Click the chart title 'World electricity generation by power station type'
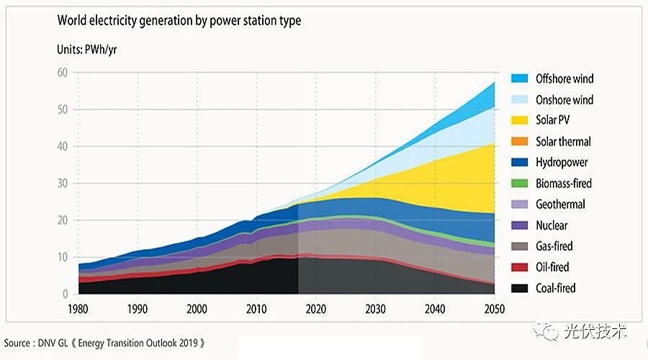point(179,21)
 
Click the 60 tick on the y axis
point(63,73)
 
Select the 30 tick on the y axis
point(63,184)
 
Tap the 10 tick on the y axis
point(63,257)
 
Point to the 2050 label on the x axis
point(494,309)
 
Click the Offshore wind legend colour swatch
point(520,78)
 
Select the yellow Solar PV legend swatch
point(520,120)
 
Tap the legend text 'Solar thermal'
point(563,141)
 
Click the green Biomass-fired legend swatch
point(520,184)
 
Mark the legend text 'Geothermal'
point(560,204)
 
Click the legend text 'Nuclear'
point(552,225)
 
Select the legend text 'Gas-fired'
point(554,246)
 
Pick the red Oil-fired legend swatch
point(520,267)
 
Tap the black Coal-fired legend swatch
point(520,288)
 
